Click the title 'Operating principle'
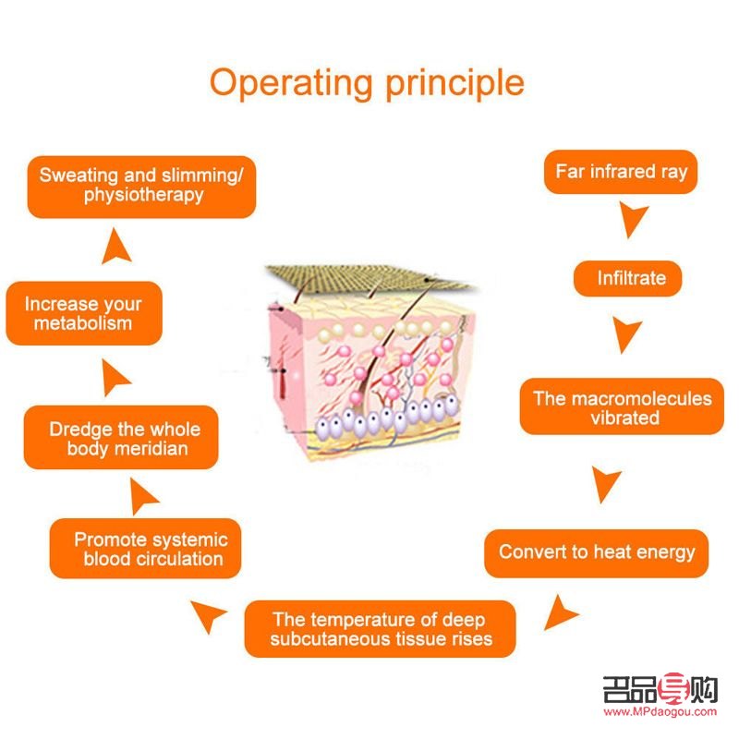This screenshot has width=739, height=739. [x=367, y=82]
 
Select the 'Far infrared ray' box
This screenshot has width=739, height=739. [x=621, y=172]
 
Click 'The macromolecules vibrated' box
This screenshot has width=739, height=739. [x=623, y=407]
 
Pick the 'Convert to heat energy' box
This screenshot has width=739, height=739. [x=597, y=552]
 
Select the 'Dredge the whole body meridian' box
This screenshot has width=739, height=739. [x=125, y=438]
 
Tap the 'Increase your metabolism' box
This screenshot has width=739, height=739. [x=83, y=313]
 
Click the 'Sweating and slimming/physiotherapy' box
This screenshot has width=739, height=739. [x=141, y=185]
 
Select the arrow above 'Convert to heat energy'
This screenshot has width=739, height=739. [x=606, y=483]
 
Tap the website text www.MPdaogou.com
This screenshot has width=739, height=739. [x=660, y=712]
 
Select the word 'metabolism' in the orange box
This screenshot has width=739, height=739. [x=83, y=323]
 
